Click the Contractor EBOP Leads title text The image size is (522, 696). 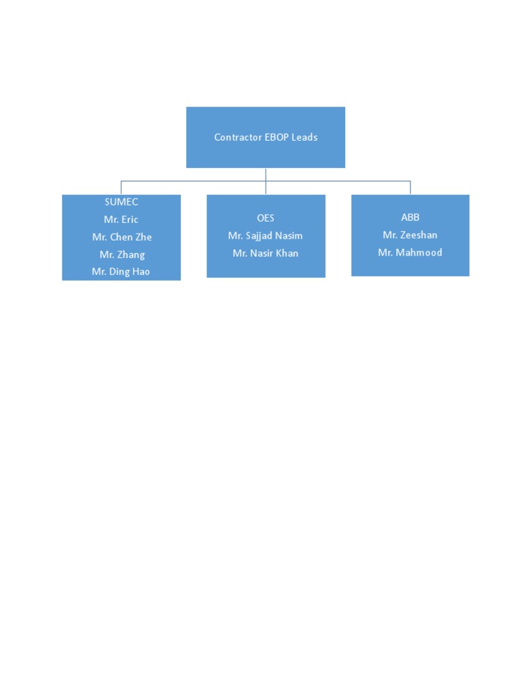(x=266, y=137)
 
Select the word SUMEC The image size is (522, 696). (x=122, y=202)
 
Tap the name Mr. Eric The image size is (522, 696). (x=121, y=220)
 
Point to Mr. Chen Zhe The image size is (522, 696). (x=122, y=237)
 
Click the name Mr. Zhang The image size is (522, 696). (x=122, y=255)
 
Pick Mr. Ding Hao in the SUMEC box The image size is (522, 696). (x=121, y=271)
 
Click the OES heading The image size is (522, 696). (x=266, y=218)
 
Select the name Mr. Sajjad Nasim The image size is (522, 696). (x=266, y=236)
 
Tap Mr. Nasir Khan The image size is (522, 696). (x=266, y=254)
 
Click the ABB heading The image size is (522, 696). (x=410, y=217)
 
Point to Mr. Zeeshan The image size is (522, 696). (x=410, y=235)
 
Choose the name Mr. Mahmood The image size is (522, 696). (x=410, y=252)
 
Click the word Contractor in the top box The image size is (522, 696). (x=238, y=137)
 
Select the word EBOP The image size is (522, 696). (x=277, y=137)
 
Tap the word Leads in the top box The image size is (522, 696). (x=304, y=137)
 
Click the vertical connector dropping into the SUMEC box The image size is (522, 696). (x=121, y=188)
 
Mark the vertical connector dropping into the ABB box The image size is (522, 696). (x=411, y=188)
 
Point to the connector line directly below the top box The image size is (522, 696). (x=266, y=174)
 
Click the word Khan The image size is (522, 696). (x=286, y=254)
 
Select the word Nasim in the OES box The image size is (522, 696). (x=288, y=236)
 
